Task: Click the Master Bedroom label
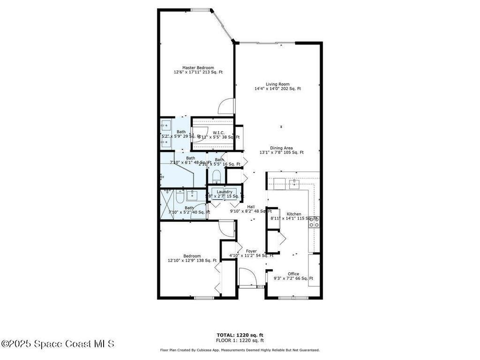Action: coord(198,68)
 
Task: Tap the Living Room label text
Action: coord(277,84)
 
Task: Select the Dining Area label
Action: coord(281,148)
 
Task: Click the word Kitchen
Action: coord(294,214)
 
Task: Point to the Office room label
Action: coord(293,274)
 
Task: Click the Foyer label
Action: coord(251,251)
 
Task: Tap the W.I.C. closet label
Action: coord(218,133)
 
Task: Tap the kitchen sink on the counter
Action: coord(294,182)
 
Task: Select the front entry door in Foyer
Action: coord(247,277)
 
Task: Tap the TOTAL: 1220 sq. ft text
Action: coord(240,335)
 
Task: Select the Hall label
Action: coord(251,207)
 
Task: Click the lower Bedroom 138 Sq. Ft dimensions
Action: coord(192,261)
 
